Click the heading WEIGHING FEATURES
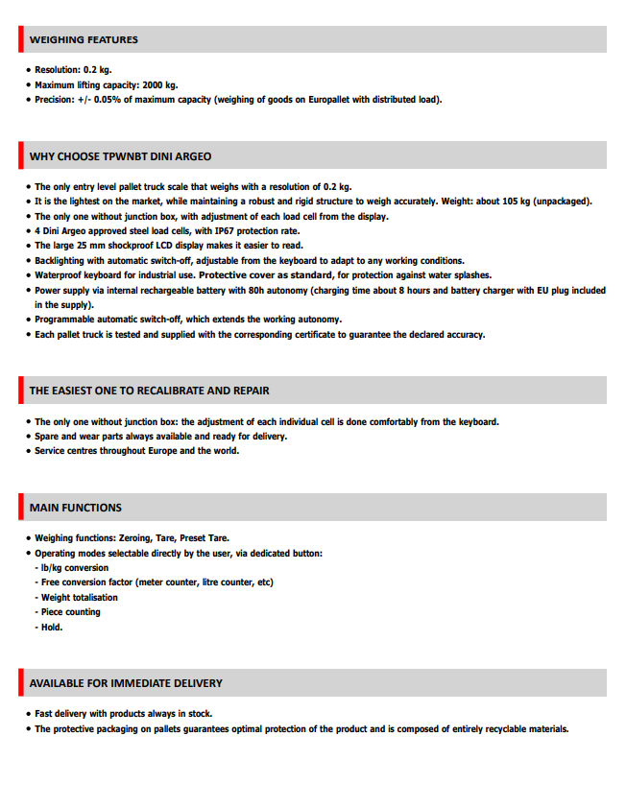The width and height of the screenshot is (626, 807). [84, 40]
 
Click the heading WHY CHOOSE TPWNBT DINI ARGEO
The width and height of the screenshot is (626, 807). [120, 156]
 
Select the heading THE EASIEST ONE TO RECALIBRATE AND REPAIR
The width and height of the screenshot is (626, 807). [149, 391]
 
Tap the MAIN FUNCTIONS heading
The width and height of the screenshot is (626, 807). [76, 508]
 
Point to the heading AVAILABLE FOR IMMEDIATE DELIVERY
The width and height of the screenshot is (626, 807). [126, 683]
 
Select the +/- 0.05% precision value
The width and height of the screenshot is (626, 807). [100, 100]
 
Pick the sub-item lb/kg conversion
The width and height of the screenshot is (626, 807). [75, 568]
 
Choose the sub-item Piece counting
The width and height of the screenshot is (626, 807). [70, 612]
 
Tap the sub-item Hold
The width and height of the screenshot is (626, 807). [52, 627]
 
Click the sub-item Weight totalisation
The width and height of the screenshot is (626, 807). [80, 598]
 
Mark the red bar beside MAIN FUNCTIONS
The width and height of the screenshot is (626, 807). [20, 508]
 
